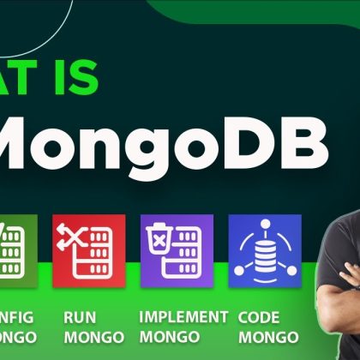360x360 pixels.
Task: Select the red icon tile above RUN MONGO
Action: [x=88, y=249]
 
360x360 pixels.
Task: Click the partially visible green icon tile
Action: [x=16, y=249]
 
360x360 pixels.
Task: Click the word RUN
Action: [x=80, y=316]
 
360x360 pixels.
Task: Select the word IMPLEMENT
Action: [x=183, y=316]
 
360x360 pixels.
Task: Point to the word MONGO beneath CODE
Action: [x=268, y=337]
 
